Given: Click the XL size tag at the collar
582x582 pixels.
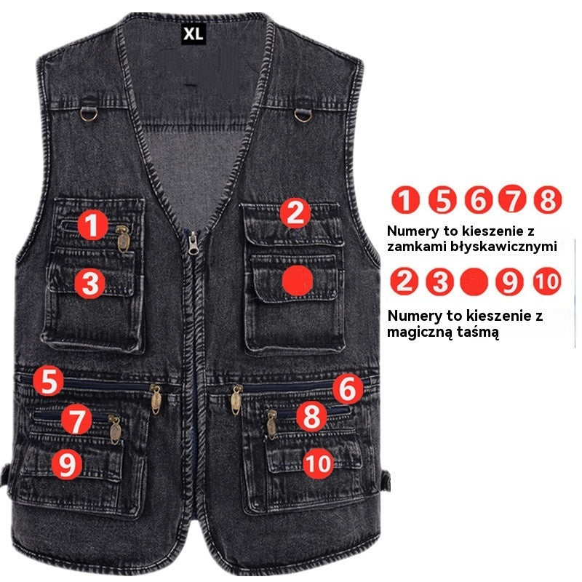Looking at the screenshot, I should point(193,33).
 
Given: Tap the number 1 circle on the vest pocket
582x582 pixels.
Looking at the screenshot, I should point(92,226).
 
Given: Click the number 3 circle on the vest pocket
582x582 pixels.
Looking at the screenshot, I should point(90,284).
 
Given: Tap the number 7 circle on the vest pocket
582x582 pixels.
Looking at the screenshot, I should point(76,420).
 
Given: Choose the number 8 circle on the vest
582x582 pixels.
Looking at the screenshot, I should point(312,418).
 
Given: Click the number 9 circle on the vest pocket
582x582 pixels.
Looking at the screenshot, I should point(67,464).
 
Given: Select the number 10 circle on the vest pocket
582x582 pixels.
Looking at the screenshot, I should point(318,463).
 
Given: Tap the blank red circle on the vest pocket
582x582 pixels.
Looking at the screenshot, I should point(298,280).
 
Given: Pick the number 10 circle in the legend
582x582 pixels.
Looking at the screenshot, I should point(546,281).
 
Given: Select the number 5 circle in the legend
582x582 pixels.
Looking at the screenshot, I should point(442,199).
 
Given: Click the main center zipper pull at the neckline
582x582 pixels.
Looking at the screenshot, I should point(193,243).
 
